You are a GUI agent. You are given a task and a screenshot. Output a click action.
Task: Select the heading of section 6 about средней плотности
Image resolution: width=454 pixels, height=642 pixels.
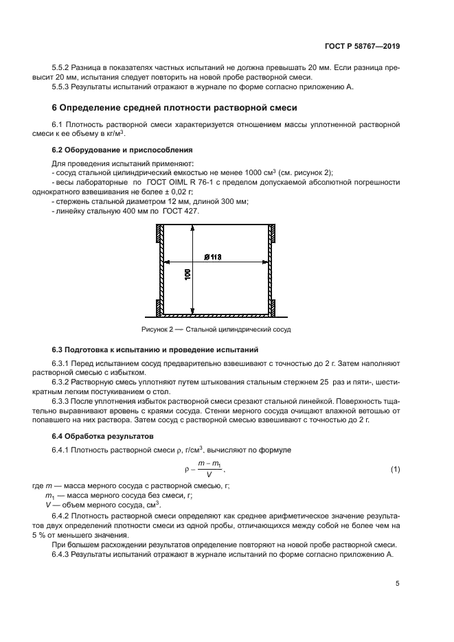pyautogui.click(x=174, y=108)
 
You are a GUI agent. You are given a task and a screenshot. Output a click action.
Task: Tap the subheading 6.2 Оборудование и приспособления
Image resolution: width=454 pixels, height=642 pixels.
pyautogui.click(x=122, y=149)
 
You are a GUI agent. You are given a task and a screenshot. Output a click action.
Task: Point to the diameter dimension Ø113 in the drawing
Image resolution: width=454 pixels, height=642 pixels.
pyautogui.click(x=213, y=257)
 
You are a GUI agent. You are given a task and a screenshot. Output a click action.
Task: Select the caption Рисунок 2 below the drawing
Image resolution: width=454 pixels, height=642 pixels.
pyautogui.click(x=216, y=330)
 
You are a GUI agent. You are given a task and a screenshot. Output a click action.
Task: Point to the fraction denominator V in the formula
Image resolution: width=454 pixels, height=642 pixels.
pyautogui.click(x=208, y=474)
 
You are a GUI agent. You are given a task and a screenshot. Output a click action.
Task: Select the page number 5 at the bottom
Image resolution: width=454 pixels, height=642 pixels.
pyautogui.click(x=397, y=584)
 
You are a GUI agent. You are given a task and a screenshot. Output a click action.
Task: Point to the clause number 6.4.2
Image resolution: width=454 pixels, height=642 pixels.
pyautogui.click(x=63, y=515)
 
